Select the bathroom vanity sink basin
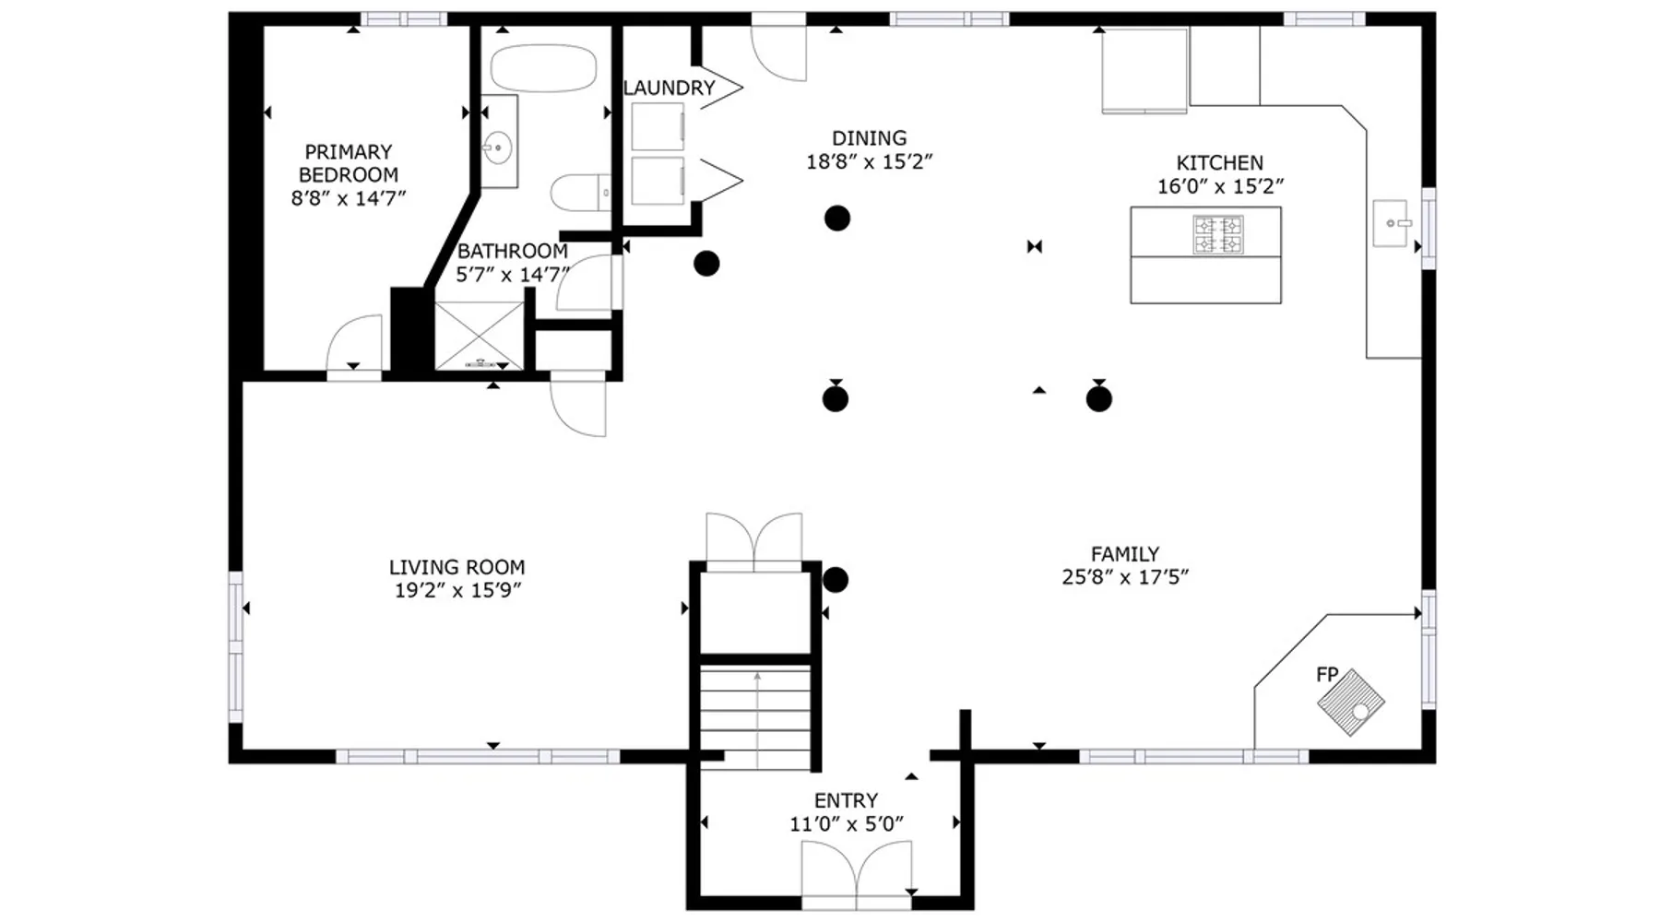point(498,147)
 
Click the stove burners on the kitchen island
point(1218,234)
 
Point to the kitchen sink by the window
point(1392,223)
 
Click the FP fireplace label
point(1327,675)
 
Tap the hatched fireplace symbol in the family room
point(1351,703)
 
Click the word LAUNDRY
point(670,88)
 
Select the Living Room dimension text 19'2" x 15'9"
point(458,591)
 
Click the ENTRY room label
point(846,800)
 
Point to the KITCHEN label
point(1219,163)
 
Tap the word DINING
point(869,138)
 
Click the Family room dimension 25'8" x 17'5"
point(1125,577)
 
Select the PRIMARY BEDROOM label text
point(349,163)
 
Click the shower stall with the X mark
point(480,335)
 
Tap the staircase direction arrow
point(757,720)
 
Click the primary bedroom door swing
point(354,343)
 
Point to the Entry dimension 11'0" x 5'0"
point(846,824)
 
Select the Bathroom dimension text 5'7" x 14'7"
point(513,274)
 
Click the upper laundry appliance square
point(658,126)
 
